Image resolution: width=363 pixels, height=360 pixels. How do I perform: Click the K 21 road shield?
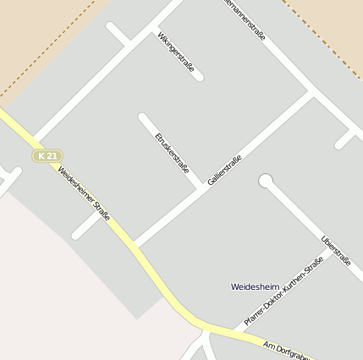47,156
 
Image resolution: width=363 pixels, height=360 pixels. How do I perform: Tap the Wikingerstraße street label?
176,57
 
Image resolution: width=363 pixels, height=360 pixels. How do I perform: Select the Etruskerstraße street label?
172,152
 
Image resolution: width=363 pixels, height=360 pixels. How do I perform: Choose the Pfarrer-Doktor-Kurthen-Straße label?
283,291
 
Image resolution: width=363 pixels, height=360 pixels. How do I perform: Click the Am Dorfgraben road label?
286,350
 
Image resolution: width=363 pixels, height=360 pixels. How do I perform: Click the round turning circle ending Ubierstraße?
266,180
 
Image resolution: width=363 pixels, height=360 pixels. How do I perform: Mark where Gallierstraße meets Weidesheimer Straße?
135,246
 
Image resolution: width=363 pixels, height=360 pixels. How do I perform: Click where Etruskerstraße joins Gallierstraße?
203,188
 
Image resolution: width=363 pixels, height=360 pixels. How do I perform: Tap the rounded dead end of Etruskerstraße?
143,117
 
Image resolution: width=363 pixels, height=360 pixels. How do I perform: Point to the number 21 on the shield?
52,156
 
